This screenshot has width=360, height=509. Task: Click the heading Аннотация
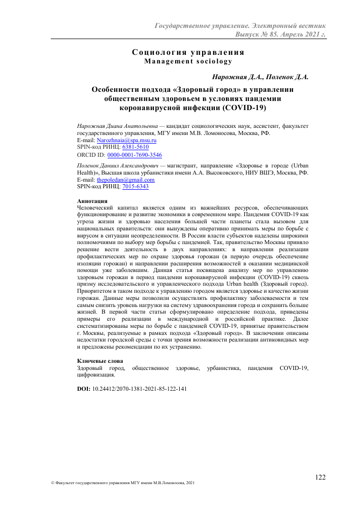coord(91,201)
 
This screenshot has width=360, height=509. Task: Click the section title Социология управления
coord(188,52)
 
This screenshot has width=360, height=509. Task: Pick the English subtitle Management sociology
coord(188,61)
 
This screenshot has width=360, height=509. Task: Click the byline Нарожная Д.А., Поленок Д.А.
coord(260,77)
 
